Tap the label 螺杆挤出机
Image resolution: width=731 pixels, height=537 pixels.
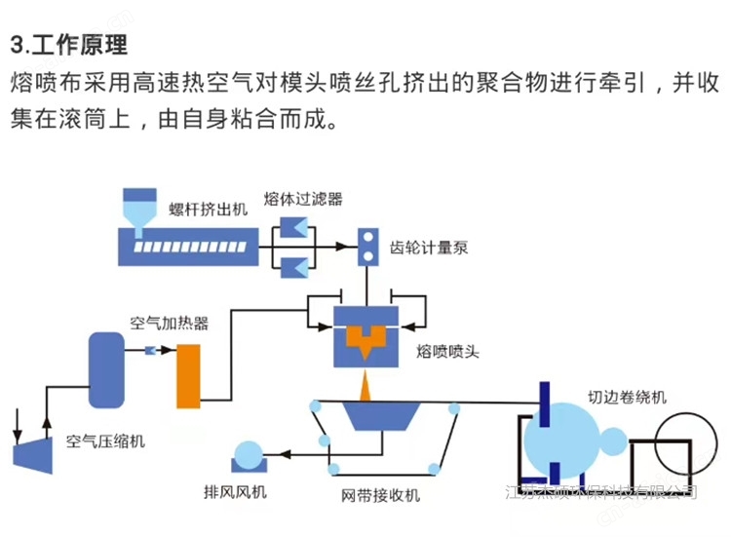pos(204,210)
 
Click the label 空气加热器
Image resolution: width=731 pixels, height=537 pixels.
pos(170,321)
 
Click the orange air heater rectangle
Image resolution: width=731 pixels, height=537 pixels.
pos(188,375)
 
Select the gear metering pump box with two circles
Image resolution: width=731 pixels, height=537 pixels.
pos(370,247)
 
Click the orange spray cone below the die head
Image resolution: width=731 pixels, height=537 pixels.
pos(365,388)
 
